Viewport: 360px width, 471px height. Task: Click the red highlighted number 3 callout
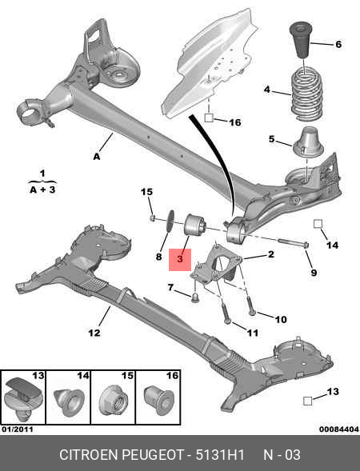[180, 260]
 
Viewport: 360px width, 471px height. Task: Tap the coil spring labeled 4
[306, 94]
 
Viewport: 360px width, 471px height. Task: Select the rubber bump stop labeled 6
[300, 40]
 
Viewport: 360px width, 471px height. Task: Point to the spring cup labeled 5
[308, 142]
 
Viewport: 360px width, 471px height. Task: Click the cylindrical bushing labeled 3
[195, 228]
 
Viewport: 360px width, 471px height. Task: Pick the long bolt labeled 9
[294, 243]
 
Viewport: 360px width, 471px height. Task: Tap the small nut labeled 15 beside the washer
[153, 218]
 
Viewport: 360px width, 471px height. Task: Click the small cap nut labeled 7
[194, 298]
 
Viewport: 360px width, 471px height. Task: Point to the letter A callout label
[97, 156]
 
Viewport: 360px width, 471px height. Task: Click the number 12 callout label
[94, 333]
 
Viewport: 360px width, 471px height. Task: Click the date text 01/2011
[18, 429]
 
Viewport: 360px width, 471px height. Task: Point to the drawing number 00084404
[339, 429]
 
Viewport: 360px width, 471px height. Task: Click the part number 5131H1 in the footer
[220, 455]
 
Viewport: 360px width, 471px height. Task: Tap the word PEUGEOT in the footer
[152, 455]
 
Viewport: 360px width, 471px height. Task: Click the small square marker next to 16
[209, 118]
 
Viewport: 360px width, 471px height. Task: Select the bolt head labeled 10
[251, 313]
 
